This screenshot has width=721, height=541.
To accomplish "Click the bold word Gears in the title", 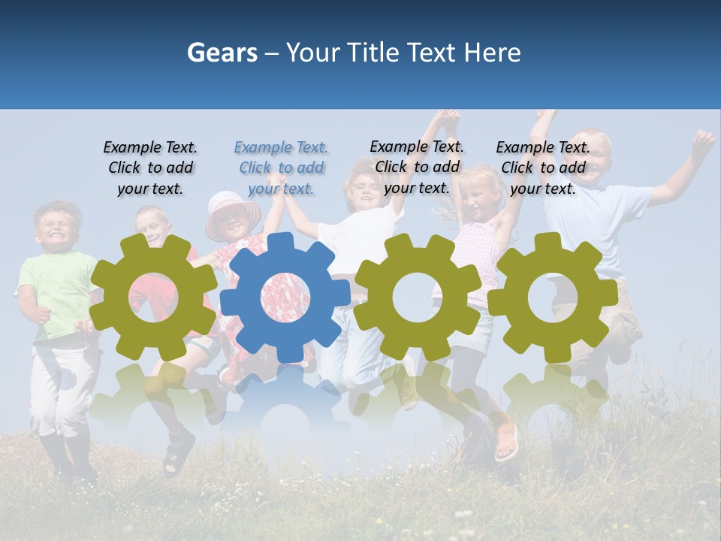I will [x=222, y=53].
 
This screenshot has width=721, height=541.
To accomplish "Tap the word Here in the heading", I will [x=492, y=53].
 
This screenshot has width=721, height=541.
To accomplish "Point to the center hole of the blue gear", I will [x=285, y=298].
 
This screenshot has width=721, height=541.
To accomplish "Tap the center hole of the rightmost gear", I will [x=553, y=298].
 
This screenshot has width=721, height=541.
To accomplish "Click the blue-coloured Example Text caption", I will [x=281, y=168].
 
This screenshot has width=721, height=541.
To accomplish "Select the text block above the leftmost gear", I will [x=150, y=168].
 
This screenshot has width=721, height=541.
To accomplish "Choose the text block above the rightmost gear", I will [x=543, y=168].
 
